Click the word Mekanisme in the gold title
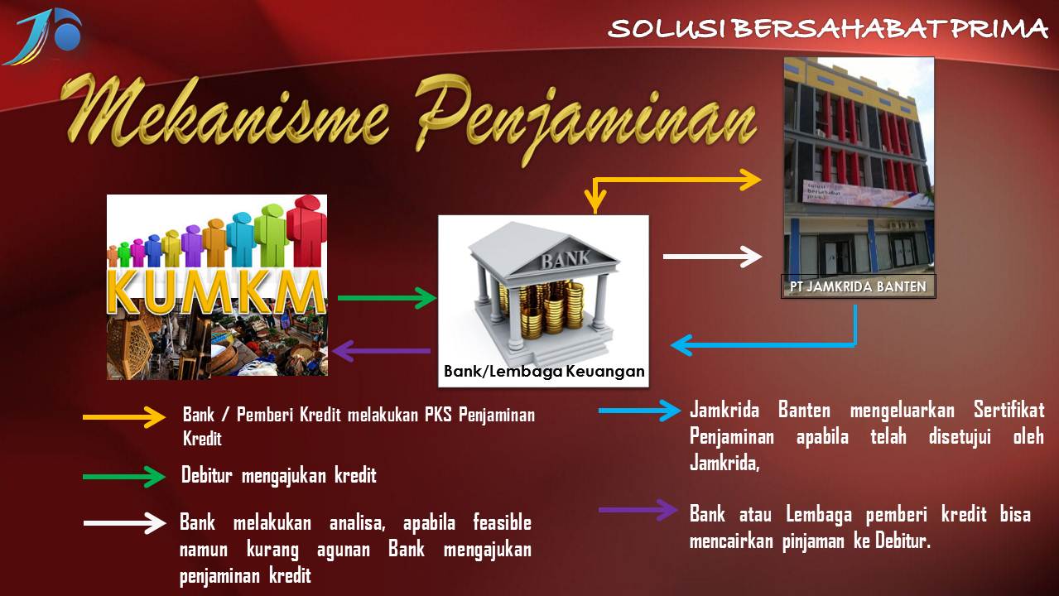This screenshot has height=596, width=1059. (x=224, y=112)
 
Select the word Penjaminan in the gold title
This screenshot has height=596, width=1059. (x=585, y=119)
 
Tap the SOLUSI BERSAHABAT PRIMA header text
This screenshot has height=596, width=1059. (x=827, y=28)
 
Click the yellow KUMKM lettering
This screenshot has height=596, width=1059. (x=217, y=293)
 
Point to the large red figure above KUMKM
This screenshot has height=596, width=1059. (x=306, y=231)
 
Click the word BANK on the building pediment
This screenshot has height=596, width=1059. (x=566, y=259)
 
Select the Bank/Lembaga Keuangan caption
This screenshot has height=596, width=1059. (x=544, y=372)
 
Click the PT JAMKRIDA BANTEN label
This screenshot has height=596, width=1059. (x=858, y=286)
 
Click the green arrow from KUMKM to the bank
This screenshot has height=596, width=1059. (x=387, y=298)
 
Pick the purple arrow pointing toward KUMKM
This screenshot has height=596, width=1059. (x=381, y=351)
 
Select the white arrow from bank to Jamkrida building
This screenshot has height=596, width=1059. (x=712, y=257)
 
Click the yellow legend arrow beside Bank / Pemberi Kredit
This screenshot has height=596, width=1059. (x=124, y=417)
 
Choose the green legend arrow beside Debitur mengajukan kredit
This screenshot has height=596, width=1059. (x=124, y=477)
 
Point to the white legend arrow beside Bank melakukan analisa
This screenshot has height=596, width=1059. (x=124, y=522)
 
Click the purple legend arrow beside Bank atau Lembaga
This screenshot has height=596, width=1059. (x=638, y=510)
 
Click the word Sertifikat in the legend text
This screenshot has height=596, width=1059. (x=1008, y=411)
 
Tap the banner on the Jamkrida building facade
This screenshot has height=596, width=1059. (x=868, y=195)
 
